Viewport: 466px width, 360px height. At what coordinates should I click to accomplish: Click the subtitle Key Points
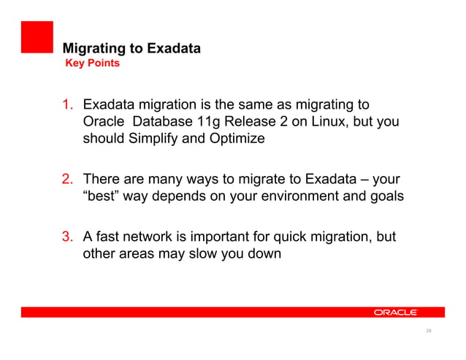(x=93, y=64)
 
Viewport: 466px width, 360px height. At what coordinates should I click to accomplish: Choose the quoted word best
(x=102, y=195)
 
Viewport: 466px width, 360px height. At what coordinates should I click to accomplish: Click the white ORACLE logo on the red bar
(x=395, y=312)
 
